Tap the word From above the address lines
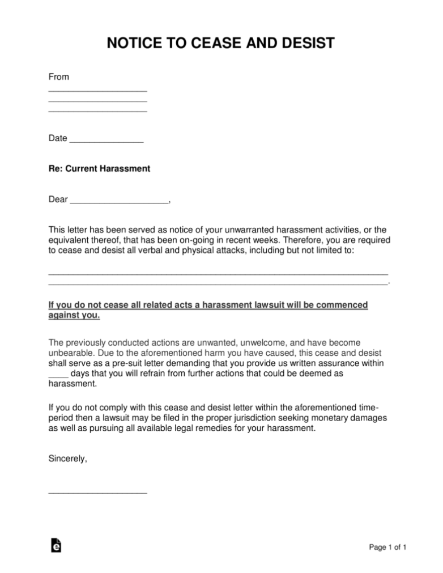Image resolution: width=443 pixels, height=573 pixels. pos(58,77)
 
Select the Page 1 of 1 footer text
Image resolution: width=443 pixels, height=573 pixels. pos(387,547)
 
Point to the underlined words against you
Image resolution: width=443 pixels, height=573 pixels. pos(74,316)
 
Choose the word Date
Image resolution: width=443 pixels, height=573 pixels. pos(58,138)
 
